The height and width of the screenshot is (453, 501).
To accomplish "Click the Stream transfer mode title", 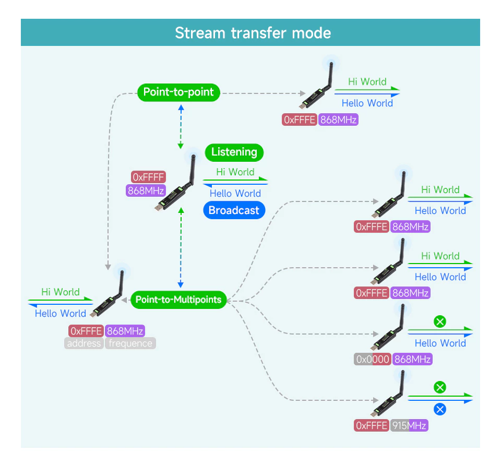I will (253, 33).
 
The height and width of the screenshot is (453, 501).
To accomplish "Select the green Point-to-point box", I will (178, 92).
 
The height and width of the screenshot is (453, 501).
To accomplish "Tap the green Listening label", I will (234, 152).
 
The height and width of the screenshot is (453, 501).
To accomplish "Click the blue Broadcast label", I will (234, 210).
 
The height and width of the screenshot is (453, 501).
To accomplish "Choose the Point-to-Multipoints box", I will (178, 300).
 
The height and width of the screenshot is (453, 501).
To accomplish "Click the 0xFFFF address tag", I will (149, 177).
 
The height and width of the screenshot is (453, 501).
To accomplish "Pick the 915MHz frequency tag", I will (409, 425).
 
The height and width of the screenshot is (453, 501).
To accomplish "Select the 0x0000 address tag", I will (372, 359).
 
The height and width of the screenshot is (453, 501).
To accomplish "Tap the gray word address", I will (84, 343).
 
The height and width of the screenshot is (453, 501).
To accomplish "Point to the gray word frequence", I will (130, 343).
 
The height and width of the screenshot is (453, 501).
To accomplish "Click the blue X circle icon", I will (440, 409).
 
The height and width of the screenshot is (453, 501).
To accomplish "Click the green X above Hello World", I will (440, 321).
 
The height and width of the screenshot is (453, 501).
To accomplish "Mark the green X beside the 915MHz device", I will (440, 387).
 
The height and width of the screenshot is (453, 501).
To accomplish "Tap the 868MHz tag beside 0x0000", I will (412, 359).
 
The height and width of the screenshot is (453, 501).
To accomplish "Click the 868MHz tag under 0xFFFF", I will (146, 190).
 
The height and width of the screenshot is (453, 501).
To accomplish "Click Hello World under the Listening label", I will (235, 193).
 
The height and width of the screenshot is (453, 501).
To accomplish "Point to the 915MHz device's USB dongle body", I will (385, 404).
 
